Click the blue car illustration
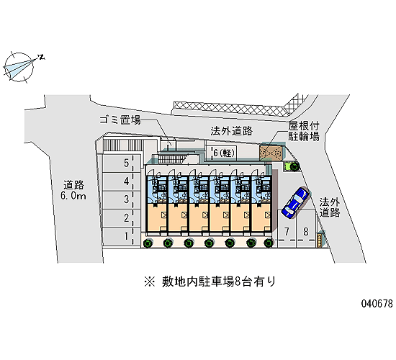click(x=295, y=202)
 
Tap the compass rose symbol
click(x=19, y=68)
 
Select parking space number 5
click(x=122, y=163)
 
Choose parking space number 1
click(x=122, y=236)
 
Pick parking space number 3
click(x=122, y=200)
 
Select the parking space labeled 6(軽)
click(x=222, y=153)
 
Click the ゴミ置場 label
click(x=120, y=120)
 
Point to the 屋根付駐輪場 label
click(x=304, y=131)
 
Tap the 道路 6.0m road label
click(x=73, y=190)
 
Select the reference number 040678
click(x=377, y=303)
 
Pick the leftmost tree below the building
click(x=148, y=243)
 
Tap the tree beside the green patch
click(x=294, y=166)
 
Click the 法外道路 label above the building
click(x=232, y=131)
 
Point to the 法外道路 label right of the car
click(x=330, y=207)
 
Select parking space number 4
click(x=122, y=182)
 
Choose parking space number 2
click(x=122, y=218)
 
